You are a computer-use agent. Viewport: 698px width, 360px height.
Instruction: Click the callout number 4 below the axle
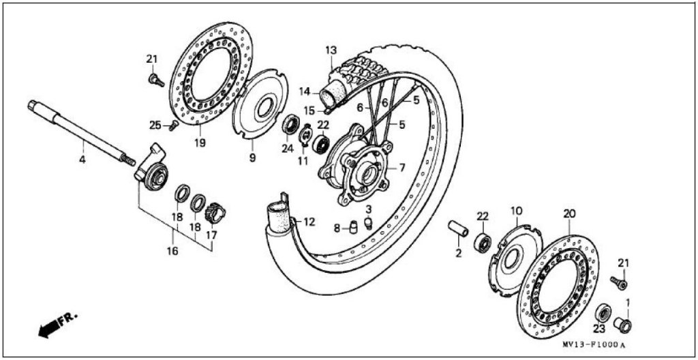click(82, 159)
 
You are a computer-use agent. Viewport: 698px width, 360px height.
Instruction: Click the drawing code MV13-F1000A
click(594, 345)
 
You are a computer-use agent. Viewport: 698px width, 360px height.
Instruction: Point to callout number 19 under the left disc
click(200, 142)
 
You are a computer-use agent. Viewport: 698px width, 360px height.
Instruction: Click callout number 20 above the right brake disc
click(570, 214)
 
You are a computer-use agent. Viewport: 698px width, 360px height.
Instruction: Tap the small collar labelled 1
click(623, 325)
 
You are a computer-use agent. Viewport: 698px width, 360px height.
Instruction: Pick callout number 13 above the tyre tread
click(331, 50)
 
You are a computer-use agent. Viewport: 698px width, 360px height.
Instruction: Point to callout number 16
click(172, 251)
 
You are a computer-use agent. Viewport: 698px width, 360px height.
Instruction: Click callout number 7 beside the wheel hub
click(401, 168)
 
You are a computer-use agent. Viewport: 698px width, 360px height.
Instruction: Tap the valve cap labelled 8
click(354, 227)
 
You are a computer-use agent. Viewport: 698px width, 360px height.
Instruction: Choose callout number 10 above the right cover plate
click(517, 210)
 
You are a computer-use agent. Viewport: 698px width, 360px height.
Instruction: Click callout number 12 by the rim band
click(310, 221)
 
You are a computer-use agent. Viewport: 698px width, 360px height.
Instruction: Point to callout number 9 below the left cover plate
click(252, 157)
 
